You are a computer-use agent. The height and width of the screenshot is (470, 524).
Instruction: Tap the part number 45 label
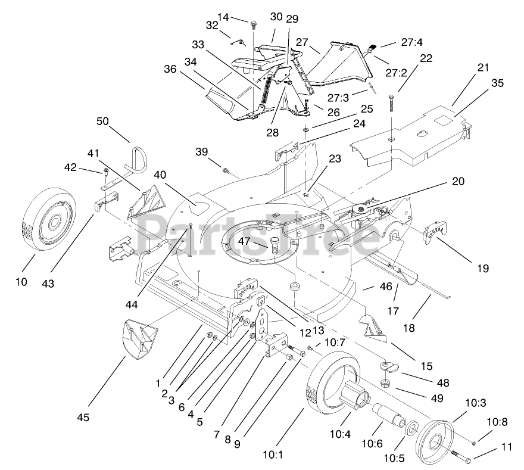pos(83,418)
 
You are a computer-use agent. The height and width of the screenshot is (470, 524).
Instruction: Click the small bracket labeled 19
pos(435,234)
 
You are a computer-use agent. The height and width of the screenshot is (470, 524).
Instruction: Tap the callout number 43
pos(48,284)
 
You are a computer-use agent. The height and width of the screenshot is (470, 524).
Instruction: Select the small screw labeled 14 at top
pos(255,24)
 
